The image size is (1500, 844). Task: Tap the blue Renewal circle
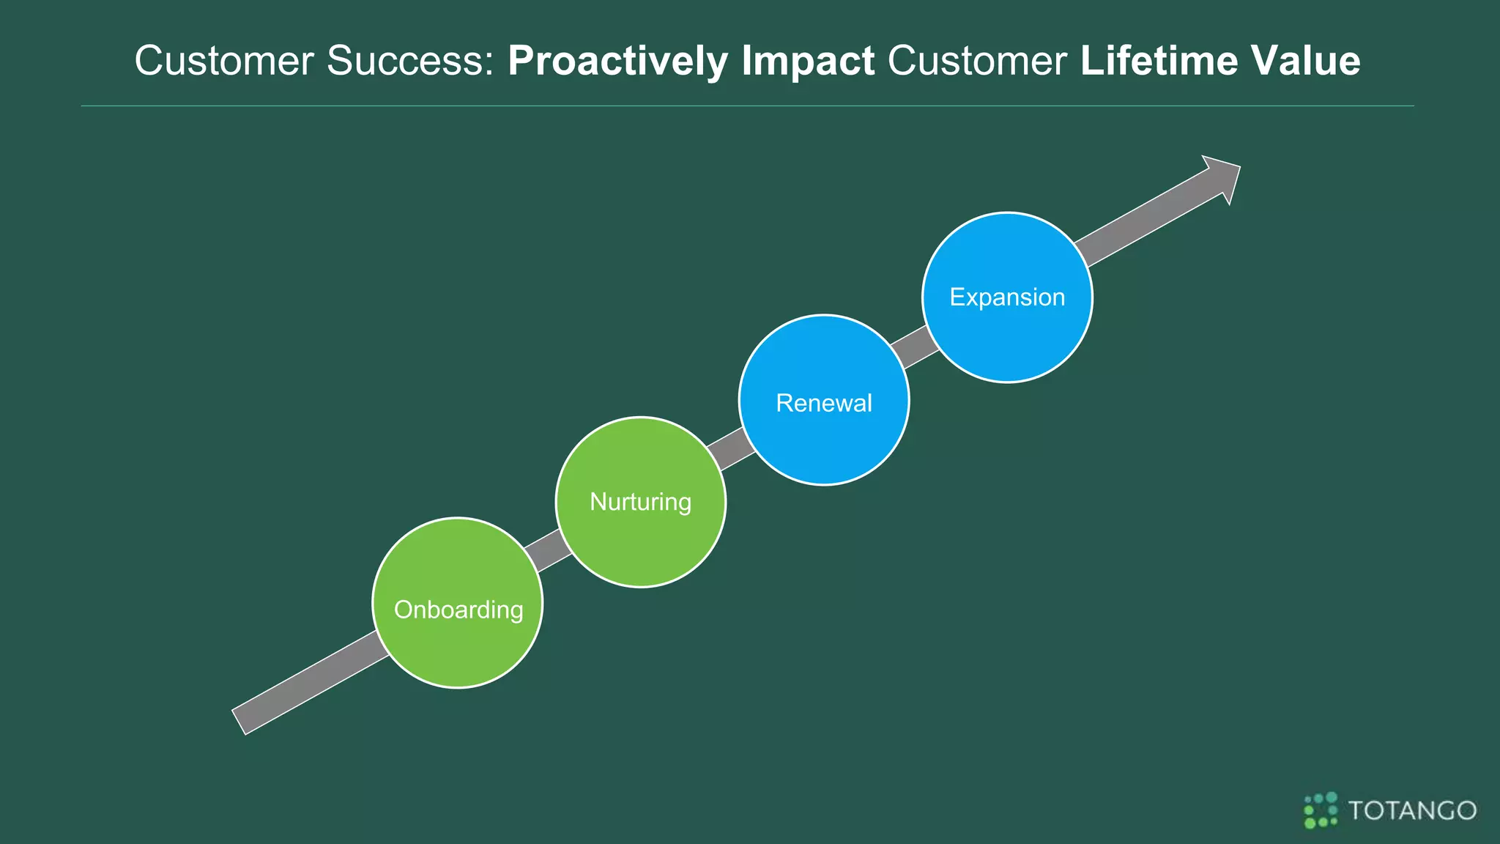pos(824,440)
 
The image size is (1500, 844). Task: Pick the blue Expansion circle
pos(1007,337)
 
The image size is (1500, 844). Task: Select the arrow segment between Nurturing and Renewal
pos(731,448)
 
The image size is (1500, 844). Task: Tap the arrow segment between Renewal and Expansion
pos(914,346)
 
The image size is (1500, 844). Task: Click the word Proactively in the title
pos(617,61)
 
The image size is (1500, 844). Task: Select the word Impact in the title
pos(807,61)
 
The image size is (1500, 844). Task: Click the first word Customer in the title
pos(224,61)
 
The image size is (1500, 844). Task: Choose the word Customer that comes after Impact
pos(977,61)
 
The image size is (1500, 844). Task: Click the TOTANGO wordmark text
pos(1412,810)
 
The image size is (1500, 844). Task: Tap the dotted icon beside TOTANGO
pos(1321,810)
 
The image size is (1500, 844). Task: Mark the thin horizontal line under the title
pos(747,106)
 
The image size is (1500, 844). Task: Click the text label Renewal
pos(824,403)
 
